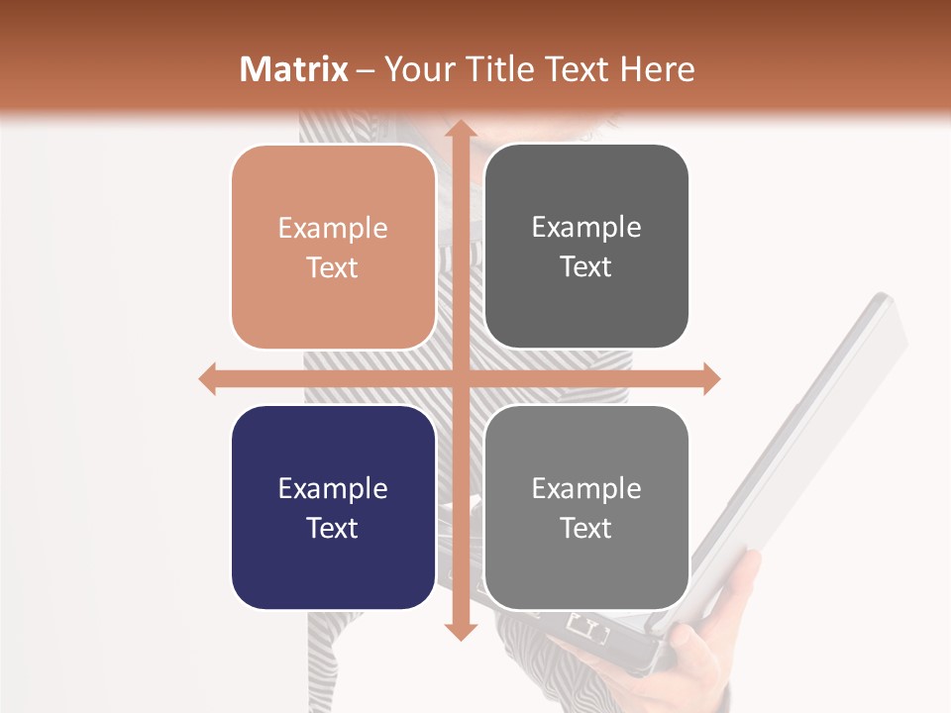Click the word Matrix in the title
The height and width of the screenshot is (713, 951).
click(x=293, y=69)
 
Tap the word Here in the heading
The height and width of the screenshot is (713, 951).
click(x=658, y=69)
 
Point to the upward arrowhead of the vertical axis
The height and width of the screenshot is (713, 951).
click(x=460, y=131)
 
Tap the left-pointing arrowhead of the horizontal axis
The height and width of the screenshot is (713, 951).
click(x=208, y=378)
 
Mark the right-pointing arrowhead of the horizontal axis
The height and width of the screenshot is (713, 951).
click(x=710, y=378)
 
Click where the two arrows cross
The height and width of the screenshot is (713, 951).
click(x=460, y=378)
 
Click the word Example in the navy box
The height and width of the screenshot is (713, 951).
click(x=333, y=488)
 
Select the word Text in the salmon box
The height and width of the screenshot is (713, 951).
click(x=333, y=267)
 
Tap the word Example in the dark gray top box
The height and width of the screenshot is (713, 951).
click(x=586, y=227)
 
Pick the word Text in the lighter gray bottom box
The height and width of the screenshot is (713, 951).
click(x=586, y=528)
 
